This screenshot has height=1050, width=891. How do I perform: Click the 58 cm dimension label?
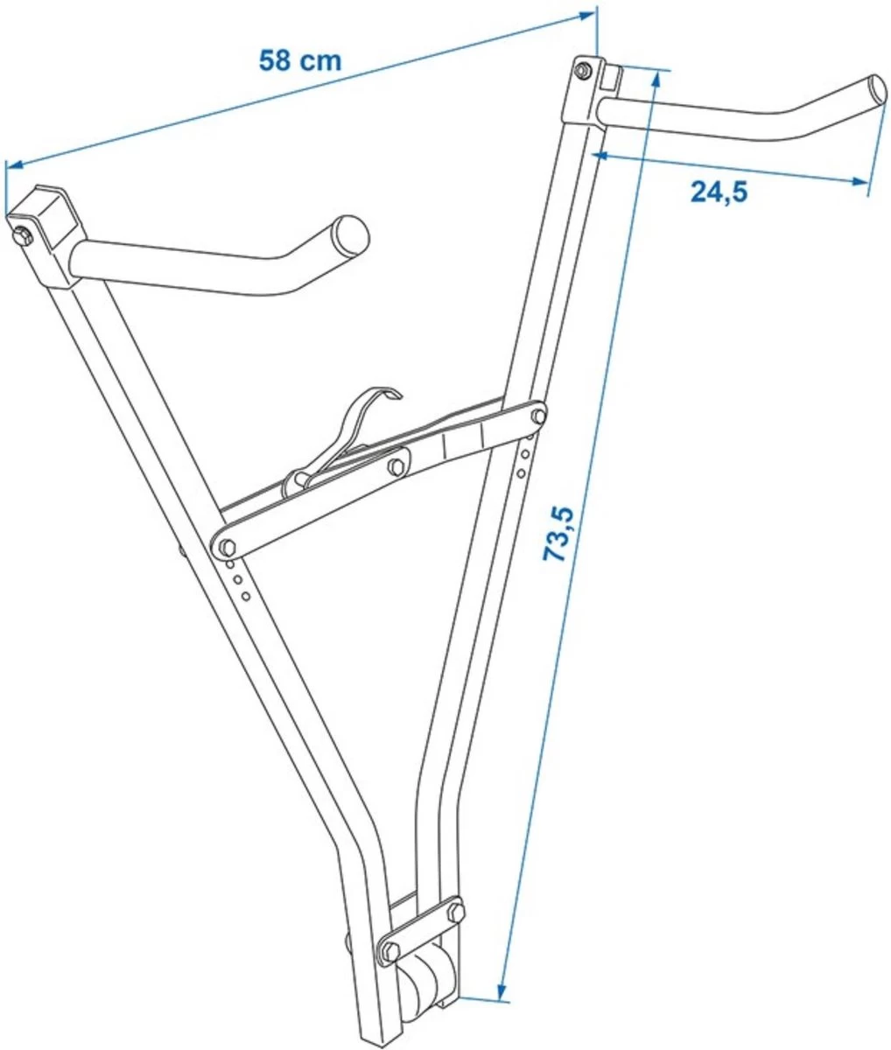pos(299,60)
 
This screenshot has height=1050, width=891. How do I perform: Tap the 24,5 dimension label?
pos(719,192)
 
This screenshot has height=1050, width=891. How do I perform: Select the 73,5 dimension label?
pos(561,535)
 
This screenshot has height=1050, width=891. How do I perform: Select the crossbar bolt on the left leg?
pos(226,547)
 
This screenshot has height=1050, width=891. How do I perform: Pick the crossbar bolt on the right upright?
pos(537,415)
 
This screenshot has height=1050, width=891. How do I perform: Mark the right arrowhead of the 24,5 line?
pos(861,182)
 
